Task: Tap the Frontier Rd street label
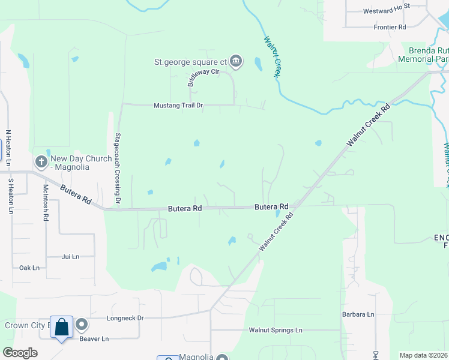(x=390, y=27)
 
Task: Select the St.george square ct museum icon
(x=236, y=61)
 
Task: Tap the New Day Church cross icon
(x=41, y=162)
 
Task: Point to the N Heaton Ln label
(x=8, y=148)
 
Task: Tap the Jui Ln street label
(x=70, y=257)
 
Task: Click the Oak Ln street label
(x=29, y=268)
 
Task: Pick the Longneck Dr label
(x=125, y=318)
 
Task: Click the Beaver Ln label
(x=94, y=338)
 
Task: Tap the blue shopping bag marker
(x=61, y=327)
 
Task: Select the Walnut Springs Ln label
(x=276, y=330)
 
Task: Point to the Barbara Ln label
(x=358, y=314)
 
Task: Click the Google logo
(x=20, y=353)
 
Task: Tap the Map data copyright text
(x=423, y=355)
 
